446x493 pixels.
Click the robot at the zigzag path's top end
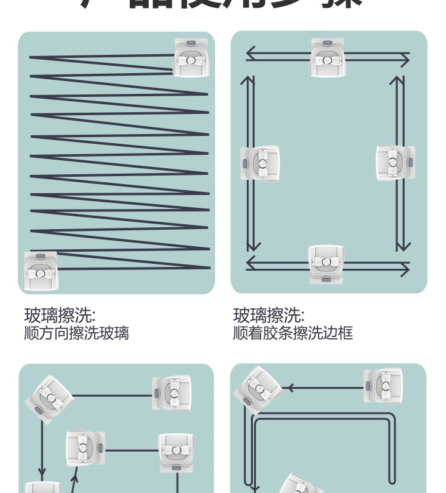[x=191, y=58]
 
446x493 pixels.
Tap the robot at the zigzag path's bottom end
[x=40, y=271]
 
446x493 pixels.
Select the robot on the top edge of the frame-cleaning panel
[x=327, y=58]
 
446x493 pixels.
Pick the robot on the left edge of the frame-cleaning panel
[x=260, y=164]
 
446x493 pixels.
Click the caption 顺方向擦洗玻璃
[x=76, y=333]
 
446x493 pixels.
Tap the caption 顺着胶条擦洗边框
[x=292, y=333]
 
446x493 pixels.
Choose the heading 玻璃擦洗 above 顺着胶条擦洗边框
[x=269, y=315]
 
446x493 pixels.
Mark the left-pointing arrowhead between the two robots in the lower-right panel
[x=290, y=388]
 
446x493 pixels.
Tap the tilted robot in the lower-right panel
[x=258, y=386]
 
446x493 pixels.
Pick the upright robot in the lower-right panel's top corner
[x=383, y=386]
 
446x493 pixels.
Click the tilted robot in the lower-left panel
[x=49, y=396]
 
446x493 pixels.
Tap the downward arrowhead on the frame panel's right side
[x=401, y=246]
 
